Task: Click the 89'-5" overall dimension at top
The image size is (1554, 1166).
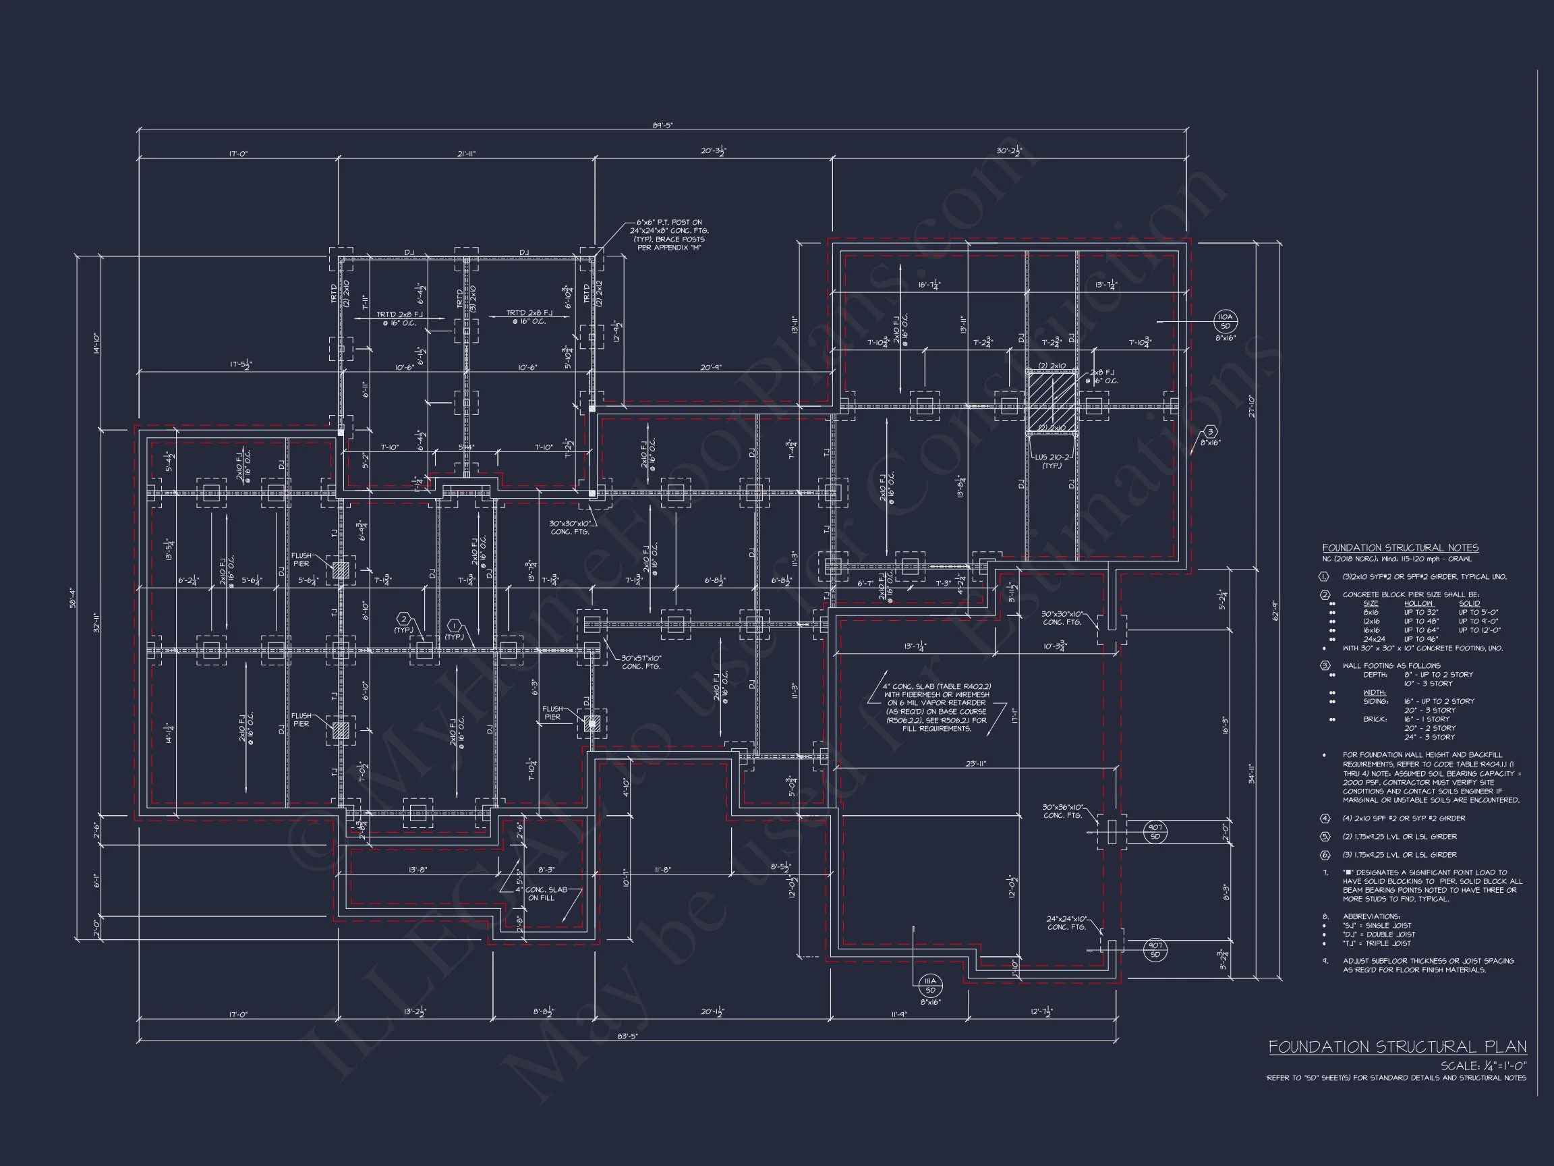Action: click(662, 125)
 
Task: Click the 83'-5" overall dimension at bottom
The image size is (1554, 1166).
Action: click(627, 1036)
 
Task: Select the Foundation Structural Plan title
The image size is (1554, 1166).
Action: click(1397, 1047)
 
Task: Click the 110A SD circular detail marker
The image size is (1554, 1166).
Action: click(1226, 321)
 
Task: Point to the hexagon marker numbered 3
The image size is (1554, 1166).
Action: click(1210, 432)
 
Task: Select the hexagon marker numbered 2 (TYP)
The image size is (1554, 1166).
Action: click(404, 619)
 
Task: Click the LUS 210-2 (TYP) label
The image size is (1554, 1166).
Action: click(1052, 461)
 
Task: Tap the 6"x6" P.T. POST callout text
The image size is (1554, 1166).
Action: click(669, 235)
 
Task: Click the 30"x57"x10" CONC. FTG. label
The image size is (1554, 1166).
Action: click(641, 662)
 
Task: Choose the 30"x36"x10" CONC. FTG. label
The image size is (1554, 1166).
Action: click(1063, 811)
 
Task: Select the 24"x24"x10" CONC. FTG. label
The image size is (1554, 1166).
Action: click(1066, 923)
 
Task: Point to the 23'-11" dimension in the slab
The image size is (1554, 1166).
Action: click(975, 763)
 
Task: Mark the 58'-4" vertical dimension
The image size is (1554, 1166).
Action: click(72, 597)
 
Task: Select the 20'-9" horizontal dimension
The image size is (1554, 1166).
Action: click(711, 367)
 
